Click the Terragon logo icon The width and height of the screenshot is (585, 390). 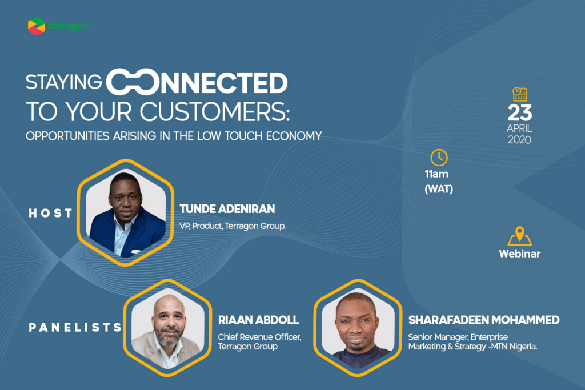pyautogui.click(x=37, y=26)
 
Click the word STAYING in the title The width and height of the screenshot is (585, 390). pyautogui.click(x=64, y=82)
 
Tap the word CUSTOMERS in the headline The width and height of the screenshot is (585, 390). pyautogui.click(x=215, y=111)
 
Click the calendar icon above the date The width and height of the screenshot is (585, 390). pyautogui.click(x=520, y=94)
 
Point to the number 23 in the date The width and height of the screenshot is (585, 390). pyautogui.click(x=520, y=112)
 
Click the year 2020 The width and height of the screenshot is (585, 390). pyautogui.click(x=519, y=140)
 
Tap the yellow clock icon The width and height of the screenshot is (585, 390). pyautogui.click(x=439, y=158)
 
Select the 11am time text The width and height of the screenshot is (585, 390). pyautogui.click(x=436, y=174)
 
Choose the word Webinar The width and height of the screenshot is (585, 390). pyautogui.click(x=520, y=254)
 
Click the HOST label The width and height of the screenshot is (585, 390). pyautogui.click(x=50, y=213)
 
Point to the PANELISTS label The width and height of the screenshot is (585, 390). pyautogui.click(x=75, y=327)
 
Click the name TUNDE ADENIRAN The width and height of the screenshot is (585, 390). pyautogui.click(x=227, y=209)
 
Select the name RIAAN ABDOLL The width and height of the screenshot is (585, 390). pyautogui.click(x=259, y=320)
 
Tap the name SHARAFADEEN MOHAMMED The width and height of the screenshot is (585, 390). pyautogui.click(x=484, y=320)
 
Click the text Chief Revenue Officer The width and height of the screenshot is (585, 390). pyautogui.click(x=260, y=337)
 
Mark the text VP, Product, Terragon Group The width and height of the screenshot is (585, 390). pyautogui.click(x=233, y=226)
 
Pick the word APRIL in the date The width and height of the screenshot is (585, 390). pyautogui.click(x=519, y=128)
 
